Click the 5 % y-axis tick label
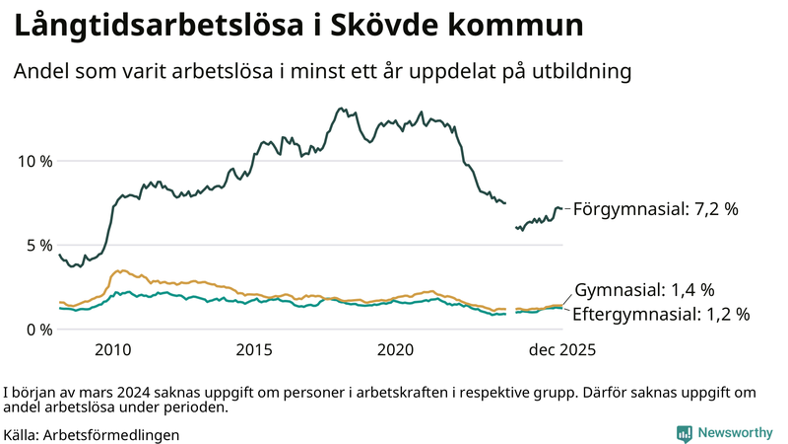pyautogui.click(x=37, y=245)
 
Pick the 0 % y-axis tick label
pyautogui.click(x=37, y=329)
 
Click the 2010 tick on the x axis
pyautogui.click(x=112, y=349)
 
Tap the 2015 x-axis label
pyautogui.click(x=254, y=349)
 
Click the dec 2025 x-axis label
pyautogui.click(x=560, y=349)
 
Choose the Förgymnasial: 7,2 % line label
pyautogui.click(x=655, y=209)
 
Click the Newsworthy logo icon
pyautogui.click(x=684, y=433)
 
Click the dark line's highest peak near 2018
pyautogui.click(x=341, y=109)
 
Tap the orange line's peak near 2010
pyautogui.click(x=119, y=270)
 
